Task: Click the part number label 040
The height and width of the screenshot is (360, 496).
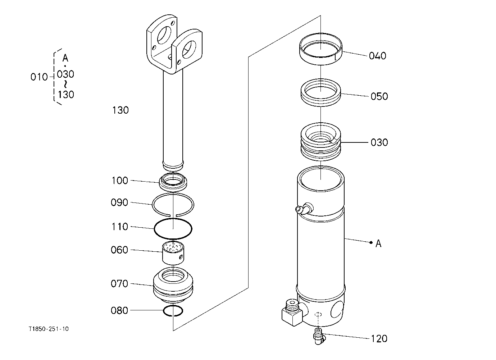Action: click(x=378, y=56)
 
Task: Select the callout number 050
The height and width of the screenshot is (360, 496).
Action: click(x=379, y=96)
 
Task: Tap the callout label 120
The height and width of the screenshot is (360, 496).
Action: click(x=379, y=339)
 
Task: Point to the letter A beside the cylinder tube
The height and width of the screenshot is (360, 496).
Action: click(x=378, y=243)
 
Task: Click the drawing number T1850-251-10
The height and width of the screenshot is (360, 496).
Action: click(x=49, y=329)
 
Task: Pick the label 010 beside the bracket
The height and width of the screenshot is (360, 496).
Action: click(x=39, y=77)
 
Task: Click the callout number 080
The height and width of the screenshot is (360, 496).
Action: click(x=119, y=311)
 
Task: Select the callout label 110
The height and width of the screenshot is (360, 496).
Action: click(x=120, y=227)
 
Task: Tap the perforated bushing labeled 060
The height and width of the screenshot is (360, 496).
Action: click(x=173, y=253)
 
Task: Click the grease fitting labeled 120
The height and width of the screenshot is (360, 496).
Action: click(x=318, y=337)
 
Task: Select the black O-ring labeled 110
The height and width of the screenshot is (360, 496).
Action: click(x=154, y=229)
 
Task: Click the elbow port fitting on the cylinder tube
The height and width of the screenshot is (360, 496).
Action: click(x=305, y=209)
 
